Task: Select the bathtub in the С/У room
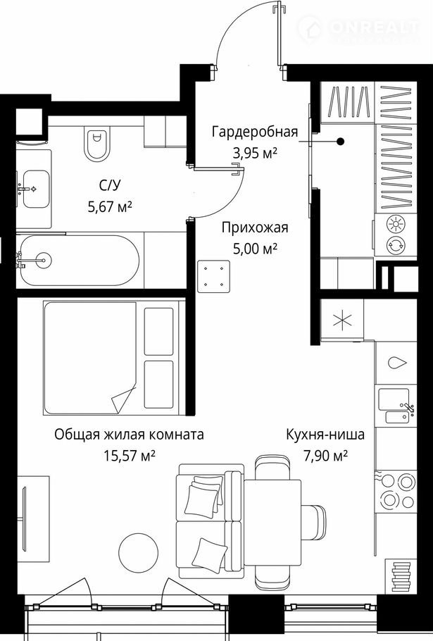coord(80,260)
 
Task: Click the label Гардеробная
coord(254,132)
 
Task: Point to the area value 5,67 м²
coord(110,207)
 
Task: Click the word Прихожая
coord(255,228)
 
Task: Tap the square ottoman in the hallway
coord(213,276)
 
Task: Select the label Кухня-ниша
coord(325,434)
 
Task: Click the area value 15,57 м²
coord(129,456)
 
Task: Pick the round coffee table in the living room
coord(138,553)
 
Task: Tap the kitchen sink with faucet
coord(396,406)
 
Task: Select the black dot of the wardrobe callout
coord(340,142)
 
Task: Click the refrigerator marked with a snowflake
coord(342,320)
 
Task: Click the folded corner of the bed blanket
coord(123,399)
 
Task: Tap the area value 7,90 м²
coord(325,455)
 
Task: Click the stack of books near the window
coord(401,576)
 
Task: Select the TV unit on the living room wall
coord(32,518)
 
